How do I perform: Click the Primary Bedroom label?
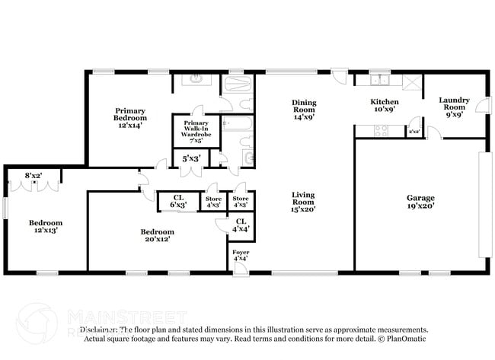pyautogui.click(x=130, y=118)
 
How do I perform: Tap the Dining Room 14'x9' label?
pyautogui.click(x=304, y=110)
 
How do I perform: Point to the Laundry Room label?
pyautogui.click(x=454, y=107)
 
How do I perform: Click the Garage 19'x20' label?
pyautogui.click(x=420, y=202)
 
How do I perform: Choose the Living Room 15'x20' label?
pyautogui.click(x=303, y=202)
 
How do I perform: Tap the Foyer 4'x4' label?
pyautogui.click(x=240, y=255)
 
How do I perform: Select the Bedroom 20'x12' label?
pyautogui.click(x=158, y=235)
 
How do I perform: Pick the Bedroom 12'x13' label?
pyautogui.click(x=44, y=226)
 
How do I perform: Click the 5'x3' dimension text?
pyautogui.click(x=190, y=159)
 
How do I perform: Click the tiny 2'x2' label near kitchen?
pyautogui.click(x=414, y=132)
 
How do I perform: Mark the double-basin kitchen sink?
pyautogui.click(x=379, y=80)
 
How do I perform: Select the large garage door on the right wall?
pyautogui.click(x=481, y=205)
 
